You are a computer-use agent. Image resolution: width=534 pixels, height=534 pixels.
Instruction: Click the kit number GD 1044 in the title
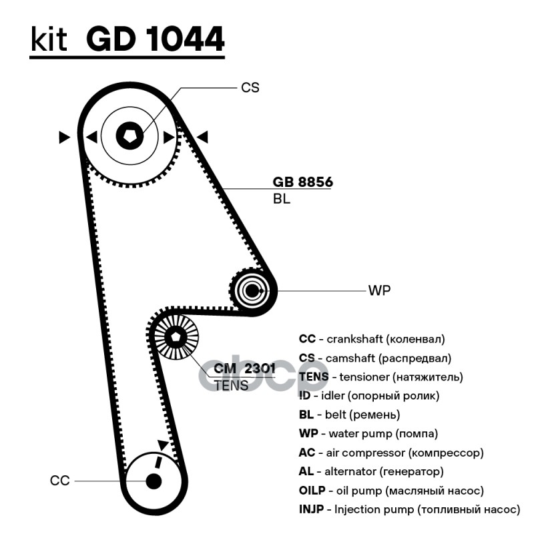pyautogui.click(x=156, y=39)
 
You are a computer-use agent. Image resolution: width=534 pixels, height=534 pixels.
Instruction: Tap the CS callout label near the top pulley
pyautogui.click(x=250, y=87)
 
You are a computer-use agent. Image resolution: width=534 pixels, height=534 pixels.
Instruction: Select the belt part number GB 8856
pyautogui.click(x=302, y=182)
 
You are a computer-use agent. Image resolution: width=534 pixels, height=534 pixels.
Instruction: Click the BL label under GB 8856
pyautogui.click(x=282, y=199)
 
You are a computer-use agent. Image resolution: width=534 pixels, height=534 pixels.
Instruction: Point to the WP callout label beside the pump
pyautogui.click(x=379, y=290)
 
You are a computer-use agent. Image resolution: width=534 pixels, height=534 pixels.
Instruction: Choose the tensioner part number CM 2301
pyautogui.click(x=244, y=368)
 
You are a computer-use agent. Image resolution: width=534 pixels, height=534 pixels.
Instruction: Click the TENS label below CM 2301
pyautogui.click(x=231, y=386)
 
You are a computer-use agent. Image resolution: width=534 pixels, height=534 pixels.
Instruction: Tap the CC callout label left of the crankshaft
pyautogui.click(x=59, y=481)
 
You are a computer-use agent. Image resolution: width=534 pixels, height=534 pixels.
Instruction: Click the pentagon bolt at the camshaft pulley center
pyautogui.click(x=129, y=136)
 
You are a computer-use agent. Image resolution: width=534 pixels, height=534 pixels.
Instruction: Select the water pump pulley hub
pyautogui.click(x=252, y=290)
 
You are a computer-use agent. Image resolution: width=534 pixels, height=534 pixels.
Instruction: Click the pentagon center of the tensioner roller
pyautogui.click(x=176, y=337)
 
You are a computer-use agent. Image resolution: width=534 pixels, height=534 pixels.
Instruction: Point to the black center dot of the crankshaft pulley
pyautogui.click(x=154, y=481)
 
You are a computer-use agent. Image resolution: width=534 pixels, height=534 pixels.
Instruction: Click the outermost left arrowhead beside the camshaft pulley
pyautogui.click(x=64, y=137)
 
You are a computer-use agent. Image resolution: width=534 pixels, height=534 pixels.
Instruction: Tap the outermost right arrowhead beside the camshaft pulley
pyautogui.click(x=202, y=137)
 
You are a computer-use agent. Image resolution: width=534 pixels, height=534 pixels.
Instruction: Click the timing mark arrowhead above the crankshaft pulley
pyautogui.click(x=162, y=445)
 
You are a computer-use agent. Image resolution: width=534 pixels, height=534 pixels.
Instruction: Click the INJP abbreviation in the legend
pyautogui.click(x=311, y=509)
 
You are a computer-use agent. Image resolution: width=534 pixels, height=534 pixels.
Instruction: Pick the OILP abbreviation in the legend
pyautogui.click(x=312, y=491)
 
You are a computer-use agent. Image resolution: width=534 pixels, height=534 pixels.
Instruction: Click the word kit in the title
pyautogui.click(x=49, y=39)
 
